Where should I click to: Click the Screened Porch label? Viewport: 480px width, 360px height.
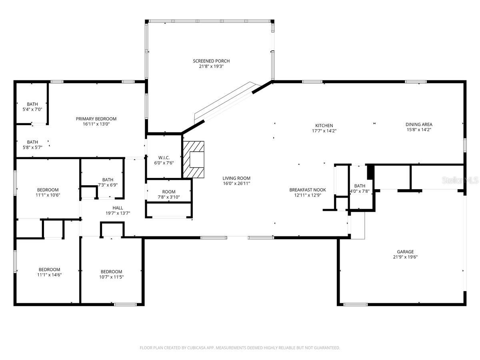211,61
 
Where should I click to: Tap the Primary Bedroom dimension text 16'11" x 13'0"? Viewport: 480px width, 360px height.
96,124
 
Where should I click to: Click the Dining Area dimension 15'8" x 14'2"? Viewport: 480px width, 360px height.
419,130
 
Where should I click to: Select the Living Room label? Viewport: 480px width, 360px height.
236,178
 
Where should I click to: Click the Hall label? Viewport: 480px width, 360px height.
118,208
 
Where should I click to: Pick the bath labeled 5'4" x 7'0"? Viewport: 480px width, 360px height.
32,104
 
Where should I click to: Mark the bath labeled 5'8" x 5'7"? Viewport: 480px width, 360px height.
32,142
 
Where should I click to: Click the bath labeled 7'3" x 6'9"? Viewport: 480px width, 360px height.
108,180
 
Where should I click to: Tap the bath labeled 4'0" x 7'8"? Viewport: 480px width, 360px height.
360,186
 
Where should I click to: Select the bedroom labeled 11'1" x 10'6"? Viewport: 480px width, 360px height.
48,190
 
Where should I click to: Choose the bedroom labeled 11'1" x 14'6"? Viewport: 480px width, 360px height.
49,269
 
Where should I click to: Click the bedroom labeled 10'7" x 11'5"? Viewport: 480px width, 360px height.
111,271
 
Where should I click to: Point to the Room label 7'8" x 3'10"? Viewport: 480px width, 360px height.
169,192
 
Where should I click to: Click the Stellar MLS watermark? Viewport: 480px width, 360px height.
460,181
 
